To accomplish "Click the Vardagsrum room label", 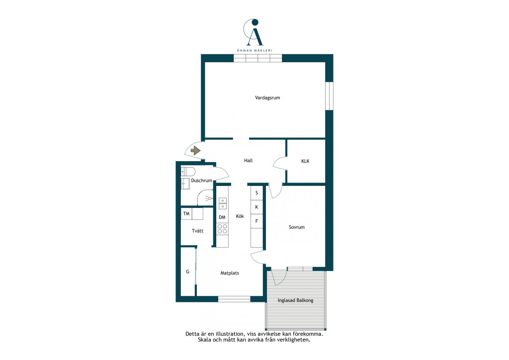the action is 267,98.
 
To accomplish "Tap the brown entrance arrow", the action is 195,151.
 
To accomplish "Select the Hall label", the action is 249,161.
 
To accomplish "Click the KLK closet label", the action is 306,161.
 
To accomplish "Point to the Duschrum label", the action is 202,180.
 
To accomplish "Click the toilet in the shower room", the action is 188,171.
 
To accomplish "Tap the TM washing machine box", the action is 186,214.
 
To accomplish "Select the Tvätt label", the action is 198,231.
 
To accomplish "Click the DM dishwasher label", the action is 222,217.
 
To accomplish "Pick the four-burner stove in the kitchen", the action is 222,229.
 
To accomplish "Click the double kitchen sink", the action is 222,203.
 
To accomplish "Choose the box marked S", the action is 256,193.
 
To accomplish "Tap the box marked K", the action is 256,207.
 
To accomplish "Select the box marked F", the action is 256,221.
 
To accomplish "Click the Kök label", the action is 240,216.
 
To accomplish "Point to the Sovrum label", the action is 297,227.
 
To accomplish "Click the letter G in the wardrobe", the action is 187,271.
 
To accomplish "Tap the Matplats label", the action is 230,273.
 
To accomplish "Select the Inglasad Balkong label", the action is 295,300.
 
